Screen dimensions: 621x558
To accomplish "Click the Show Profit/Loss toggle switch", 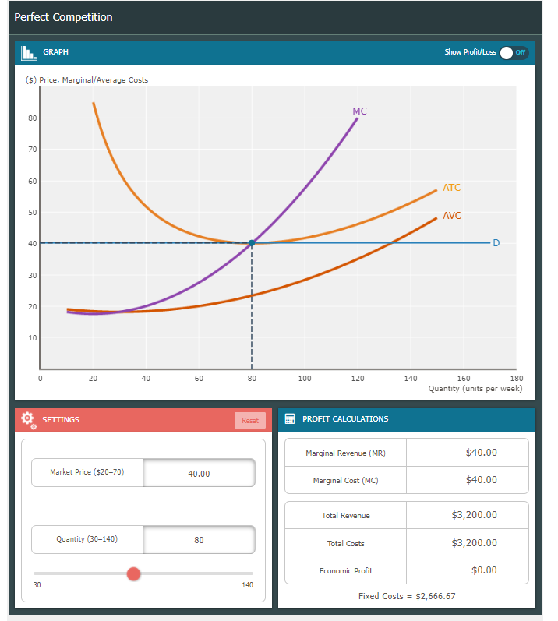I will click(514, 52).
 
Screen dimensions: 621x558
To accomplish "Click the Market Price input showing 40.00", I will click(199, 473).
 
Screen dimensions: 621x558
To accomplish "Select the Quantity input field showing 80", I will click(199, 540).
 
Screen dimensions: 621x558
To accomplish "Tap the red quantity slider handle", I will click(133, 574).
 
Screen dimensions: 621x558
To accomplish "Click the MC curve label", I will click(359, 111).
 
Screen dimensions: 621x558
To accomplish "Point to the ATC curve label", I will click(451, 188).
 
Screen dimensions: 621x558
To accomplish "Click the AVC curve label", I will click(451, 216).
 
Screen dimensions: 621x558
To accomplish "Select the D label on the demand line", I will click(496, 244).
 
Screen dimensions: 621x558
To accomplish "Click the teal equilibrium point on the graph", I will click(252, 243).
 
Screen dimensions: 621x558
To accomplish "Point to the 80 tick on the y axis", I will click(33, 118).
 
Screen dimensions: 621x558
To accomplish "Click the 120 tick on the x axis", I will click(358, 378).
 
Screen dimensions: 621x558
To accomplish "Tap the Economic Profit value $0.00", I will click(483, 570).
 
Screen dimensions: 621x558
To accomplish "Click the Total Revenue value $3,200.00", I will click(474, 515).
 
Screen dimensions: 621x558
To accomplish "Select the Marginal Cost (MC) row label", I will click(345, 481).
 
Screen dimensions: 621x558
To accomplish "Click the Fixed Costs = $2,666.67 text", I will click(407, 596).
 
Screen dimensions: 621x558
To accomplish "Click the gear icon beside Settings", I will click(28, 419).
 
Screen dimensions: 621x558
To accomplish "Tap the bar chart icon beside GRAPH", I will click(28, 52).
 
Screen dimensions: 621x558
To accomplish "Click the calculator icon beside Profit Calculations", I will click(290, 419).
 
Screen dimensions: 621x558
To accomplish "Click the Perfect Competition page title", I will click(63, 17).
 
